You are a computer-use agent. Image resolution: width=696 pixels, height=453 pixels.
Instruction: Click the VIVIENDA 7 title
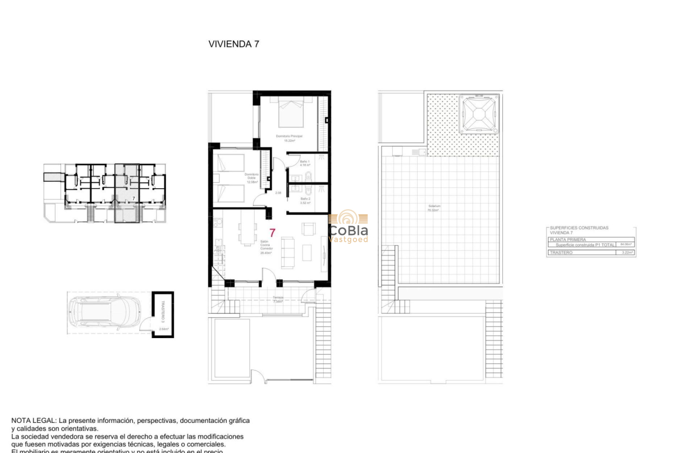click(x=234, y=44)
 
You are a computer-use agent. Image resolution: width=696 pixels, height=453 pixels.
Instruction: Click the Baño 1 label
click(x=305, y=163)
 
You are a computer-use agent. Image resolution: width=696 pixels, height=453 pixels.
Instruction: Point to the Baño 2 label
click(x=305, y=200)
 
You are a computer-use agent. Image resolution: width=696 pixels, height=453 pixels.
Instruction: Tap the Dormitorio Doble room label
click(x=251, y=178)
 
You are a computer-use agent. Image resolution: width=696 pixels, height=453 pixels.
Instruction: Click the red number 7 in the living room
click(x=272, y=234)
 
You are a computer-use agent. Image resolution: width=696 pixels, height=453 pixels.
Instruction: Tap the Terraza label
click(x=277, y=299)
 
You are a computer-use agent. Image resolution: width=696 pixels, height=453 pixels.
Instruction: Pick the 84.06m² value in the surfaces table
click(x=626, y=244)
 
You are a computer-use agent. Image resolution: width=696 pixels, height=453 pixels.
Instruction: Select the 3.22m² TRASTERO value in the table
click(x=626, y=252)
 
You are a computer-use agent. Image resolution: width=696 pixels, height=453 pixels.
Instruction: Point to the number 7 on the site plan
click(x=133, y=199)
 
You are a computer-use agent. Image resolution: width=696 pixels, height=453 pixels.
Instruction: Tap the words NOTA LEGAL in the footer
click(x=33, y=420)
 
